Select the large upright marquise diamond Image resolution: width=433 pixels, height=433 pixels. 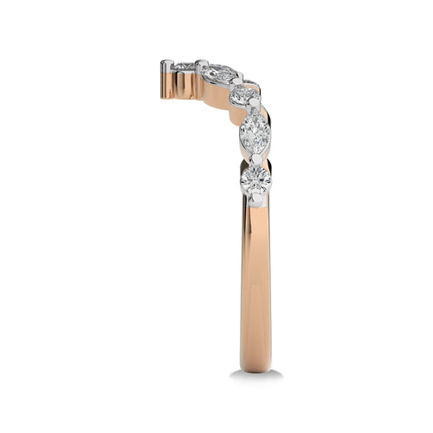255,133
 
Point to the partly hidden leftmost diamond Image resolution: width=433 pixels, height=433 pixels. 183,66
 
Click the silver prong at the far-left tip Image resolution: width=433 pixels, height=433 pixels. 165,65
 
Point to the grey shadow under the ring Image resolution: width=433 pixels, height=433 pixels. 256,375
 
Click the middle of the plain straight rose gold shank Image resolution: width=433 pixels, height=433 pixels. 255,286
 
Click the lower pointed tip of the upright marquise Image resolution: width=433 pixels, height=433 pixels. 255,153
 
